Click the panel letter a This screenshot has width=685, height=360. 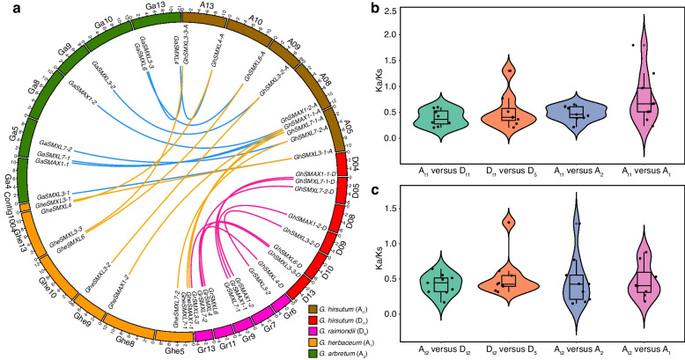7,8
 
